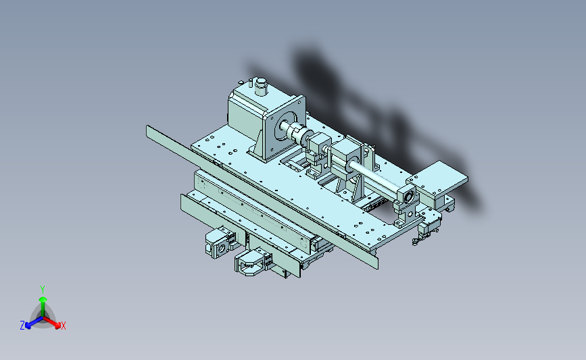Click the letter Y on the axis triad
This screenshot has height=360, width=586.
pyautogui.click(x=43, y=290)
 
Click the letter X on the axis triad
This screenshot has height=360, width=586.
pyautogui.click(x=63, y=326)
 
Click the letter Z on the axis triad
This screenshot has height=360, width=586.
pyautogui.click(x=22, y=326)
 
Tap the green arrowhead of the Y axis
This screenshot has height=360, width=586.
pyautogui.click(x=43, y=299)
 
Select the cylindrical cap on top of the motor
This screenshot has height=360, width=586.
pyautogui.click(x=260, y=86)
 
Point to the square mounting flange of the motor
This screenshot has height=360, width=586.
pyautogui.click(x=285, y=128)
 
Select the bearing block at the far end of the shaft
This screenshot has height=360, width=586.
pyautogui.click(x=406, y=203)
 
